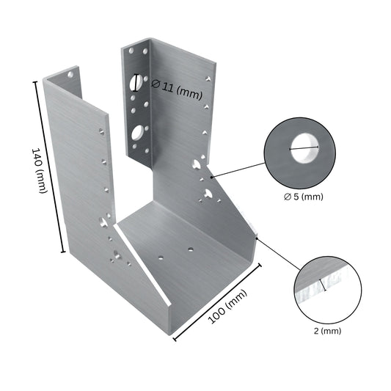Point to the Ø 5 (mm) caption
303,196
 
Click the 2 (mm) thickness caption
327,331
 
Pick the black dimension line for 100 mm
217,301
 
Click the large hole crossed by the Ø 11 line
136,81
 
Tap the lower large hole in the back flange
137,133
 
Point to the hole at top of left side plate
70,75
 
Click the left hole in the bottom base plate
161,257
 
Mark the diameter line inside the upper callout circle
304,150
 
